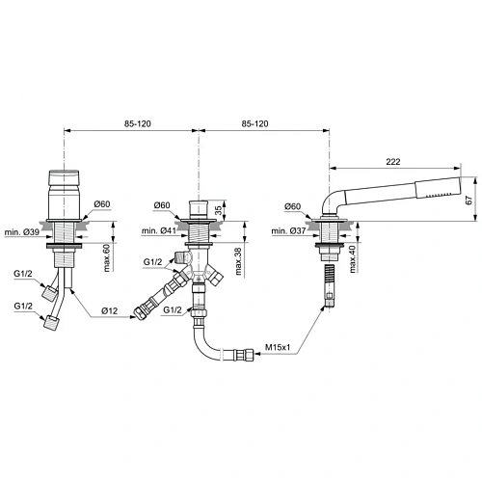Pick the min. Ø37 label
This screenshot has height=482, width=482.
(x=291, y=231)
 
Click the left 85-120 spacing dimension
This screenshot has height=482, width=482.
(x=132, y=124)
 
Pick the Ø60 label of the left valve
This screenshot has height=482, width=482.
(x=105, y=204)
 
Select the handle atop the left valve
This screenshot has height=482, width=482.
(x=63, y=183)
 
